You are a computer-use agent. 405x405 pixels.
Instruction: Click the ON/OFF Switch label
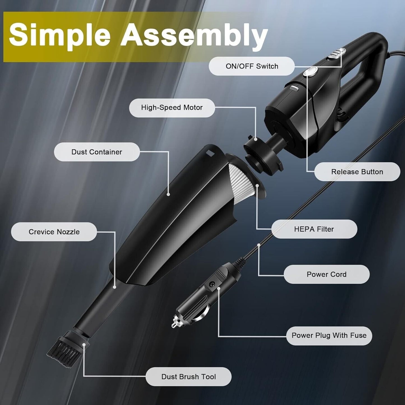(252, 66)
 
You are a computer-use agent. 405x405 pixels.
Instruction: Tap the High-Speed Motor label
(172, 108)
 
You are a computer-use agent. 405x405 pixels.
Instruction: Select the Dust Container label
(97, 152)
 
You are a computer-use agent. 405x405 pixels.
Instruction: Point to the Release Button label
(357, 172)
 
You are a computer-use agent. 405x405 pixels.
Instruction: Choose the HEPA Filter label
(314, 229)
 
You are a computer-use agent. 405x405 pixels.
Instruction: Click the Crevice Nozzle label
(54, 232)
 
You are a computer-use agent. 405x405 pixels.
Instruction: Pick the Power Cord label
(327, 274)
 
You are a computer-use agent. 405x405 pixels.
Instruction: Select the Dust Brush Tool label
(189, 377)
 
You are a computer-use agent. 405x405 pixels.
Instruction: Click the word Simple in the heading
(60, 35)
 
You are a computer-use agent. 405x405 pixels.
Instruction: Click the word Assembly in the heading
(194, 35)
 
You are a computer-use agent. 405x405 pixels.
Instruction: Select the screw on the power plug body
(210, 284)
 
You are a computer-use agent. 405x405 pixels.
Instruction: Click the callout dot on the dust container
(168, 195)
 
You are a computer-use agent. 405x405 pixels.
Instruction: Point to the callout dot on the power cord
(259, 245)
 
